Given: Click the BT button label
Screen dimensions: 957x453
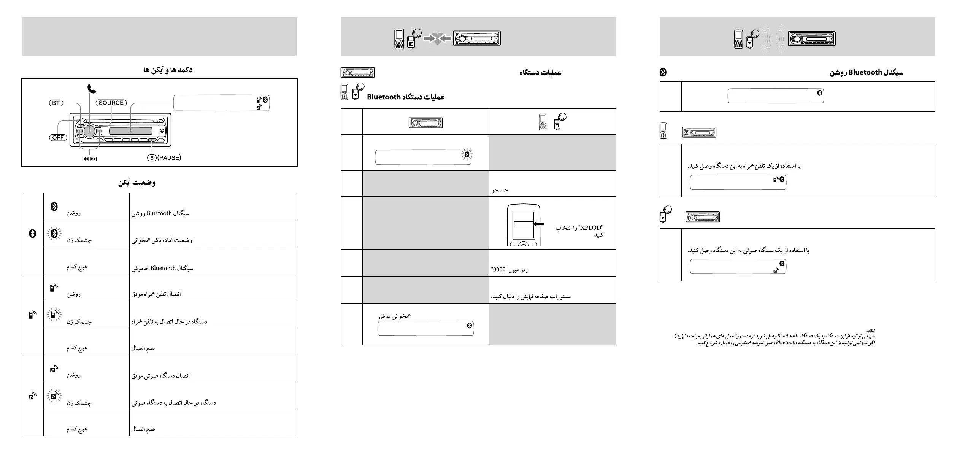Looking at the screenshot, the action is point(56,103).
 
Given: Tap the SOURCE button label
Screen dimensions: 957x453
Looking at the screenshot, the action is point(111,103).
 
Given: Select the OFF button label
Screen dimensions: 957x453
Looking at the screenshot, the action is point(58,138).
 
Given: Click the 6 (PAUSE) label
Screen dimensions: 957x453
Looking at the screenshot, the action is point(164,158).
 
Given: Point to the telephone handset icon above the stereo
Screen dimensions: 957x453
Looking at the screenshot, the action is point(92,89).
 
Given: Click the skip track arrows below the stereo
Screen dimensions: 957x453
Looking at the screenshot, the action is point(89,159).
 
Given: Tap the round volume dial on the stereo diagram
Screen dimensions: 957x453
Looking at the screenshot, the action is point(90,130).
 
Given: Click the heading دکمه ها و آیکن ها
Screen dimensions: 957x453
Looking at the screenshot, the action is point(168,70).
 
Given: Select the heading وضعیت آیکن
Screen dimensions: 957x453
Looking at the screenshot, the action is point(136,183).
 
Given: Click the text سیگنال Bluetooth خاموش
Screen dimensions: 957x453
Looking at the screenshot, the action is point(162,268).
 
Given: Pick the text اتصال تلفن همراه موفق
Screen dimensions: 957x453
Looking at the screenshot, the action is point(156,294).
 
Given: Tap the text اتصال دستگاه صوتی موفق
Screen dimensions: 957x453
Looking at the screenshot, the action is point(160,376).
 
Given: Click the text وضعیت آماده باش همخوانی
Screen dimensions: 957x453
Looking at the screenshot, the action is point(162,240).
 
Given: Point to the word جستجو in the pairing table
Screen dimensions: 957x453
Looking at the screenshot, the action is point(500,190).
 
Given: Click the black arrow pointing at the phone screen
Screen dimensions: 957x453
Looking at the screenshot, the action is point(538,224).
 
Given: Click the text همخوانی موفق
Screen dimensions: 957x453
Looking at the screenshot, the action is point(395,316).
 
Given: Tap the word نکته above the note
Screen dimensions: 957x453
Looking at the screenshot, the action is point(870,330).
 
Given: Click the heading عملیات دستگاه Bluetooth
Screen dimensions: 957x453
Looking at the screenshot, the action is point(406,97).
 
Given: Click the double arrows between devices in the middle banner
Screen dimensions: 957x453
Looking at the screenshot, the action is point(437,38).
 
